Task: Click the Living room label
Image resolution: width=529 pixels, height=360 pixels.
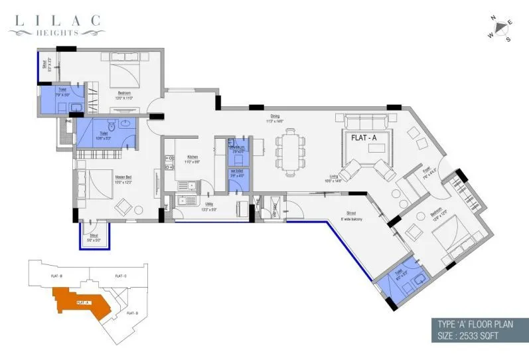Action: (332, 177)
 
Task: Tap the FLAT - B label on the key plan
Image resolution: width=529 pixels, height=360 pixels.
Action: (56, 275)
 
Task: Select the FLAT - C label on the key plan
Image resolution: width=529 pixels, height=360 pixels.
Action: (121, 275)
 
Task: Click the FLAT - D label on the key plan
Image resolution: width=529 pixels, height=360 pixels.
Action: (132, 313)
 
